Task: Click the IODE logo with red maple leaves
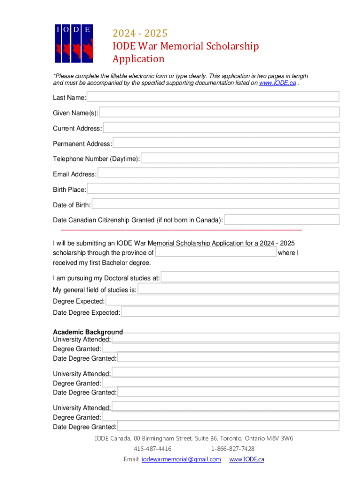coord(73,43)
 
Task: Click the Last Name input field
coord(213,97)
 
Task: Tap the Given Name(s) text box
coord(219,112)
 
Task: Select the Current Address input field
coord(221,128)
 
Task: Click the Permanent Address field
coord(226,143)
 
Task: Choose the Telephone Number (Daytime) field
coord(240,159)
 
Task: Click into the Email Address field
coord(218,174)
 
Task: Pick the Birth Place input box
coord(213,189)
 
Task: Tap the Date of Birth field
coord(216,204)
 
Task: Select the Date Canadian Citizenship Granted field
coord(282,220)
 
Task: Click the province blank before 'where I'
coord(216,253)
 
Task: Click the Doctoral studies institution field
coord(250,277)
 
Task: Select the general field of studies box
coord(238,289)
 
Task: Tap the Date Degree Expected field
coord(230,312)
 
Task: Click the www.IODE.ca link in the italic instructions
coord(277,83)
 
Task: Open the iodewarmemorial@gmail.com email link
coord(181,459)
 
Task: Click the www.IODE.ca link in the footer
coord(246,459)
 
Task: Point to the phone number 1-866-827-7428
coord(232,449)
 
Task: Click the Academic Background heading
coord(88,332)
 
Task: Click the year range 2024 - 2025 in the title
coord(139,34)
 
